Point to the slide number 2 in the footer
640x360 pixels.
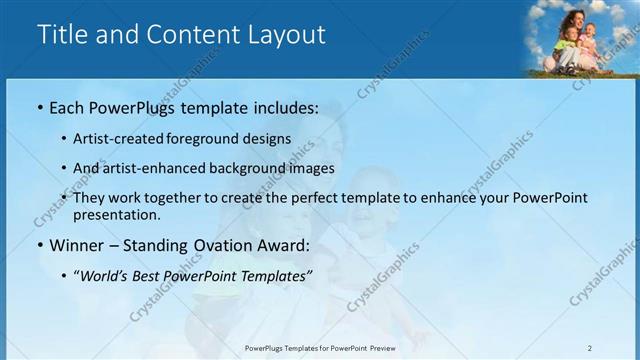click(589, 348)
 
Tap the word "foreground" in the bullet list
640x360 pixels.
click(216, 139)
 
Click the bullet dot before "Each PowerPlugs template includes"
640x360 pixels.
click(39, 107)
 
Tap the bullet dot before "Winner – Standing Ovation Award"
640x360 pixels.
click(39, 245)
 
